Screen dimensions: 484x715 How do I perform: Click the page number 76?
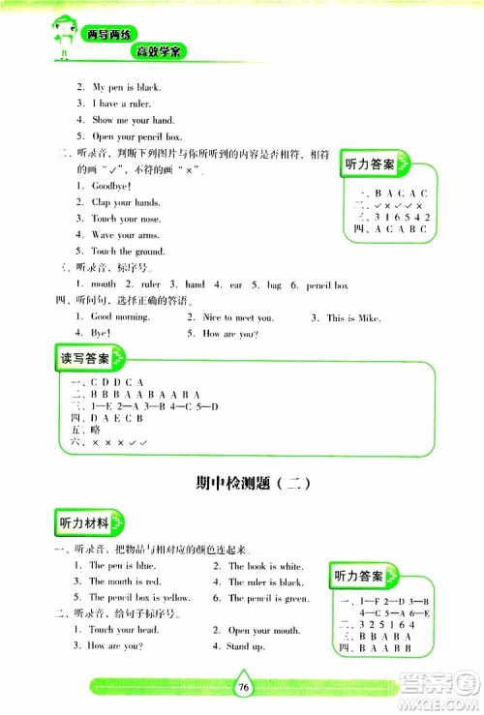tap(243, 687)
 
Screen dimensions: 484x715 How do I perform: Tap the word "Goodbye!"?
tap(110, 186)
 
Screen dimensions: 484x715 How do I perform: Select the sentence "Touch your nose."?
tap(127, 219)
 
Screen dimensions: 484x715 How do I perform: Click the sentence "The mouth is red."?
tap(125, 582)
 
